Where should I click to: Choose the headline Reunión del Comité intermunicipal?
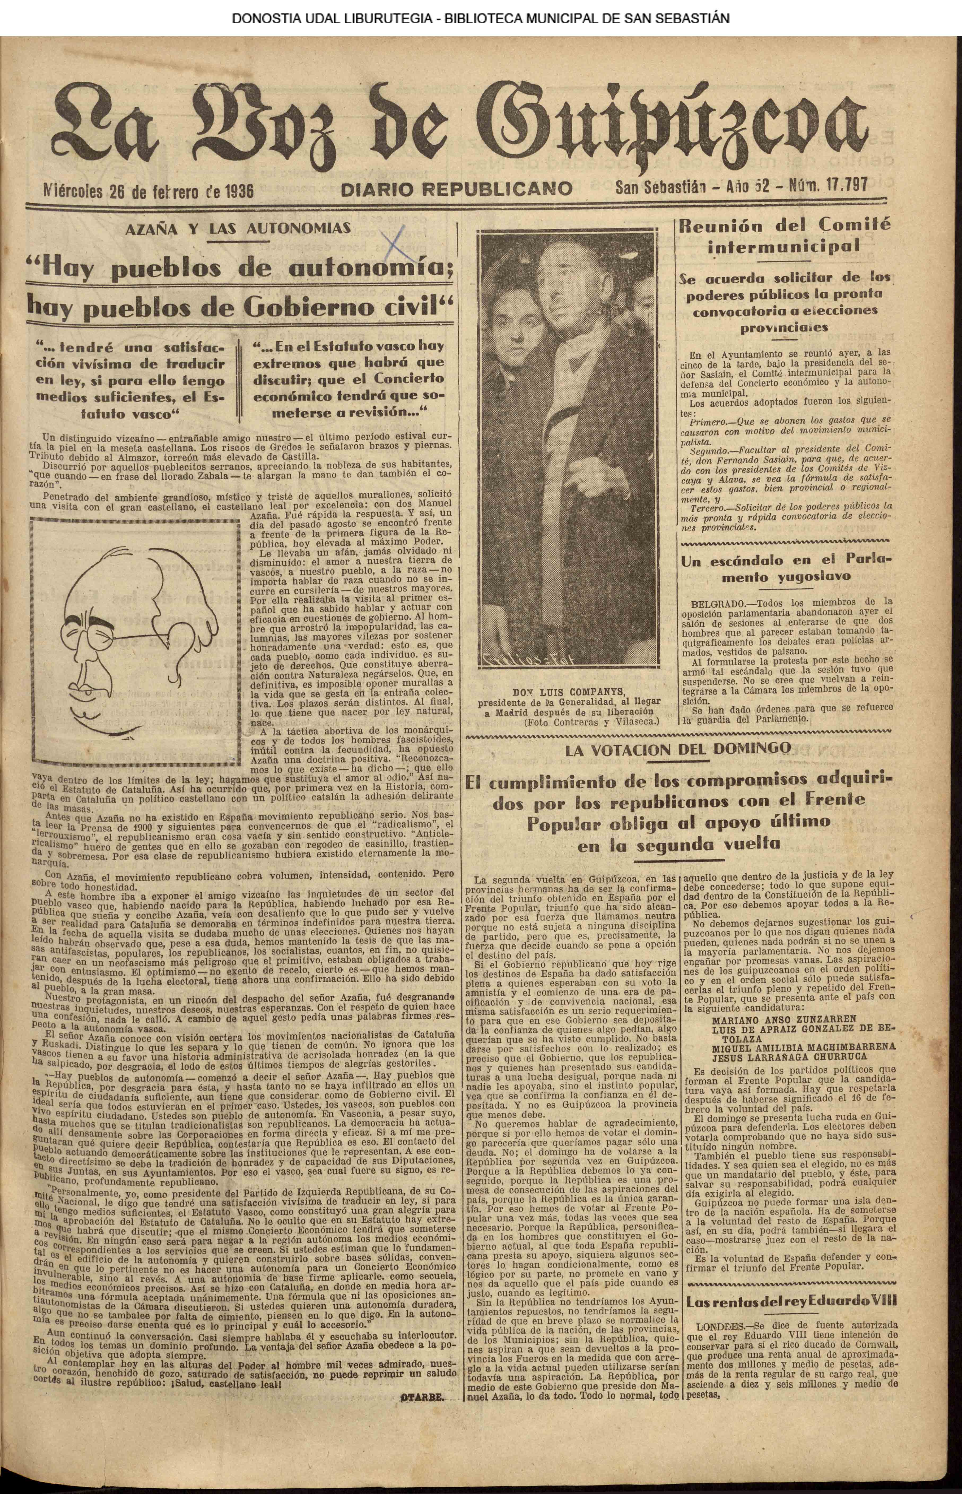(x=785, y=235)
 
